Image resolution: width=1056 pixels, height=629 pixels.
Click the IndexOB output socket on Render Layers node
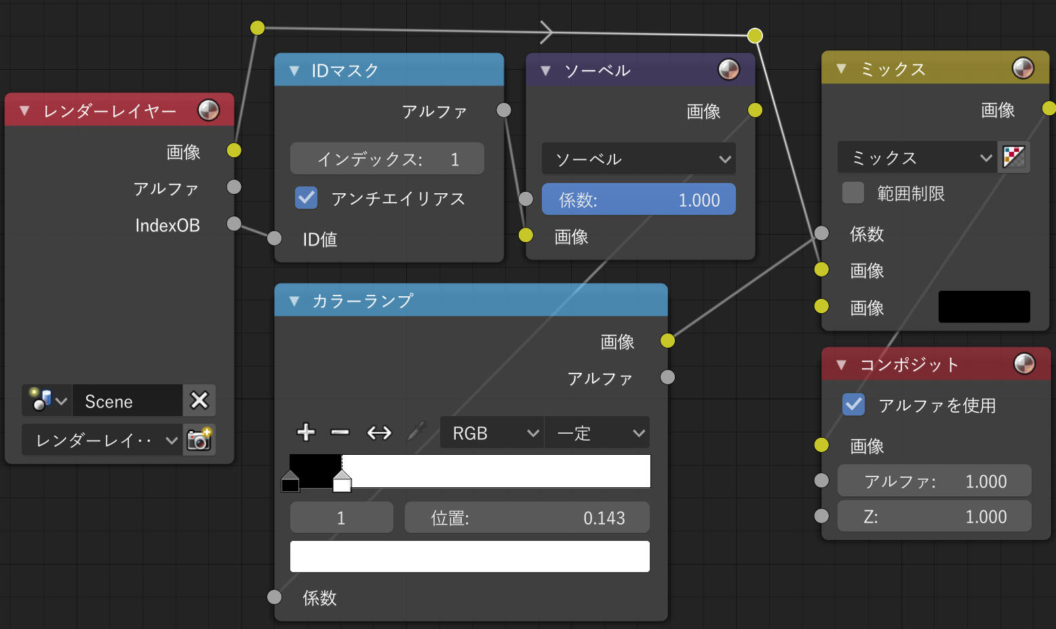click(234, 223)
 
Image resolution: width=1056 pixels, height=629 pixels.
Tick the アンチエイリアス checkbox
click(306, 198)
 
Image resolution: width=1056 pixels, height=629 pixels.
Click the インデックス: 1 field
click(387, 159)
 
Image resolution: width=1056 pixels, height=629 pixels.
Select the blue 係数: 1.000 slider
click(638, 199)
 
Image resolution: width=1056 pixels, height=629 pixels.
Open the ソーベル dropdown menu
click(638, 159)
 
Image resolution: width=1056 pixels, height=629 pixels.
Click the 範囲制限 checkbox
click(853, 192)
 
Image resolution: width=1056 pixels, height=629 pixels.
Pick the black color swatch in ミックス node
click(984, 307)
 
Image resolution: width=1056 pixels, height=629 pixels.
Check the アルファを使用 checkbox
click(853, 404)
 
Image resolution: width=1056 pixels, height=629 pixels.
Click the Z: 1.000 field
click(934, 516)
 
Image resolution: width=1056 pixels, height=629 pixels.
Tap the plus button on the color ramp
click(306, 432)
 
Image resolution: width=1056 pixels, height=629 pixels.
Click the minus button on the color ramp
click(340, 432)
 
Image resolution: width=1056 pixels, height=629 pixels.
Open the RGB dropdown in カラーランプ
click(492, 432)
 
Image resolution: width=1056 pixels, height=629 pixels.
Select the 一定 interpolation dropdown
click(597, 432)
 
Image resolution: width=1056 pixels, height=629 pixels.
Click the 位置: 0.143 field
click(527, 517)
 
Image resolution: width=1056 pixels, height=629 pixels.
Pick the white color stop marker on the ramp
click(342, 481)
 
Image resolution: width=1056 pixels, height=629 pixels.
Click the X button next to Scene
click(199, 401)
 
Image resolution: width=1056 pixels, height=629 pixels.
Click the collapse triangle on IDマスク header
click(294, 70)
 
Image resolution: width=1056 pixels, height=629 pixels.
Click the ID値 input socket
click(275, 239)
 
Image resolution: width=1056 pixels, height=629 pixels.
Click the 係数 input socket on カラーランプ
click(275, 597)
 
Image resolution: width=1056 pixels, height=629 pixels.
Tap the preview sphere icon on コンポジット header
click(1024, 364)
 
